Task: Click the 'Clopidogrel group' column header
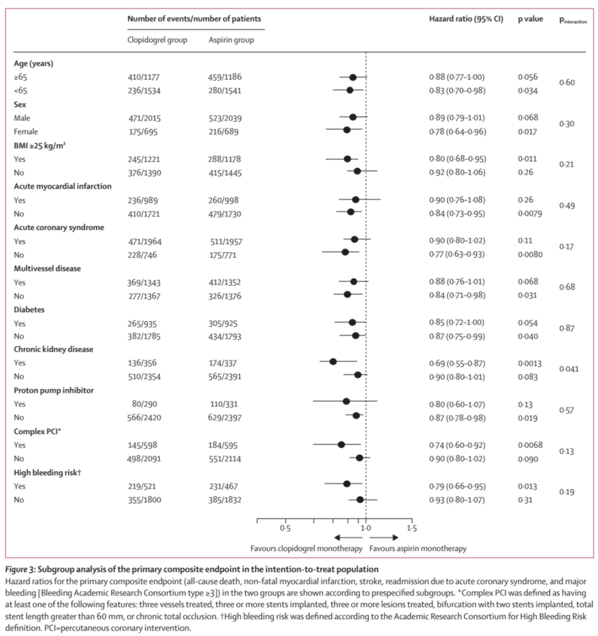coord(157,41)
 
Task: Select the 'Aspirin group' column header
coord(230,41)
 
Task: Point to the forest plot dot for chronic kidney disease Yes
coord(333,361)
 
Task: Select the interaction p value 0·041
coord(569,369)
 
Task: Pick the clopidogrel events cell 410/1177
coord(144,77)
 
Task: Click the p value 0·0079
coord(530,214)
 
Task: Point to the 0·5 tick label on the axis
coord(285,528)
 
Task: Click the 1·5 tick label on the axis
coord(412,528)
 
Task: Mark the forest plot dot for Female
coord(347,129)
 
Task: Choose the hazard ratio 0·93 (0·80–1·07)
coord(457,499)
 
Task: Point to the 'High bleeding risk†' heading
coord(48,473)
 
